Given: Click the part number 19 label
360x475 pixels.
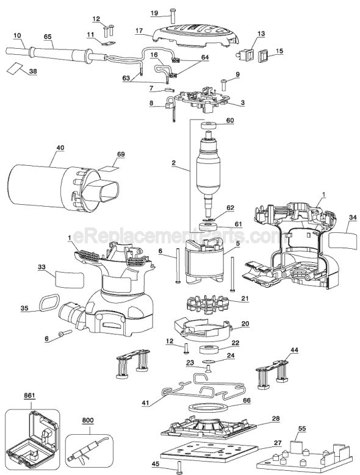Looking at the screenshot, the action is pos(154,13).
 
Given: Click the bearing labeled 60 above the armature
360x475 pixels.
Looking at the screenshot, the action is pos(209,125).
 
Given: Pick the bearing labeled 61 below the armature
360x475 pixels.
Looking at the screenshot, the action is pos(207,227).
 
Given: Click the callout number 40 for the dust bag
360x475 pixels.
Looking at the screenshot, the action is pos(60,148).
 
